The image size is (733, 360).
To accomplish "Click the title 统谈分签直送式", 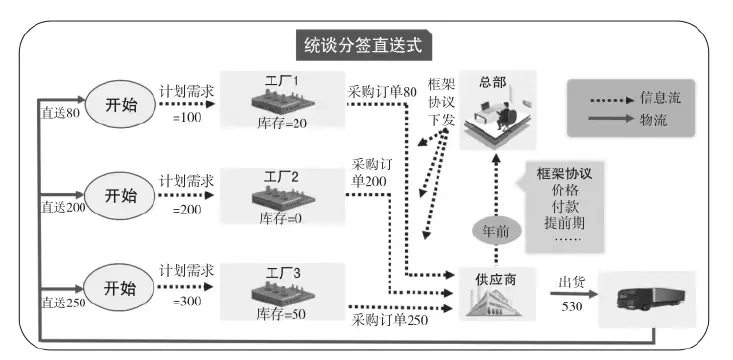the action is coord(363,45).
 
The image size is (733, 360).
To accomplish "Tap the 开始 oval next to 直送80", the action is coord(120,104).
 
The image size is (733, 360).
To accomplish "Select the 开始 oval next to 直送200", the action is coord(120,195).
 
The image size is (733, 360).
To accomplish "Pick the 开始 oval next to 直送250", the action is coord(119,287).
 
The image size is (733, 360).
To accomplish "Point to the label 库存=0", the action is coord(280,217).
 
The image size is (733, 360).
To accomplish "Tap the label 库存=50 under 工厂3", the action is coord(281,313).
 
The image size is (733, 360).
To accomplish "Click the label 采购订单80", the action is coord(382,91).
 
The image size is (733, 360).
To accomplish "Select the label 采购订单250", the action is coord(390,320).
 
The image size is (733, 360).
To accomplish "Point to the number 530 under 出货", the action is coord(572,306).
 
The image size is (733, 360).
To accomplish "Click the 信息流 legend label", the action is coord(660,98).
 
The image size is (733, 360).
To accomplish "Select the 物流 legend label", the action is coord(653,120).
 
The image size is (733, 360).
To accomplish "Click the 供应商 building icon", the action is coord(495,302).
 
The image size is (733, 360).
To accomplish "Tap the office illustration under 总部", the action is coord(498,116).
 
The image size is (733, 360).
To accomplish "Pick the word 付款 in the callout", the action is coord(564,206).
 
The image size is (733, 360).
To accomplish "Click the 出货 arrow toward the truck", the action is coord(574,294).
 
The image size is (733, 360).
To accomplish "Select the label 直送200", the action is coord(63,208).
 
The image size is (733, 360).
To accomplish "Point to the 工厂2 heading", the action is coord(281,177).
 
